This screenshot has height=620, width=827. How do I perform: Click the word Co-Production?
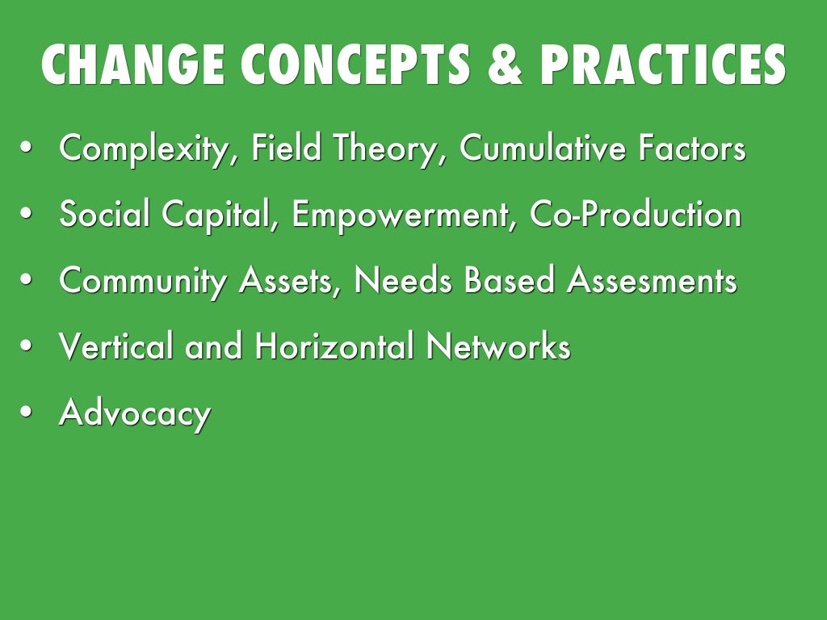(635, 215)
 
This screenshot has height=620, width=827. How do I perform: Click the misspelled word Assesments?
(651, 281)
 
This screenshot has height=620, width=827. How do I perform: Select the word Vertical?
(116, 347)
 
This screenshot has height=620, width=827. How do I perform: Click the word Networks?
(498, 347)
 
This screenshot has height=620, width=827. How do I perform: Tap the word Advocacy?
(135, 414)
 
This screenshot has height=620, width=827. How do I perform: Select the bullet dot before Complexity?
(27, 149)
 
